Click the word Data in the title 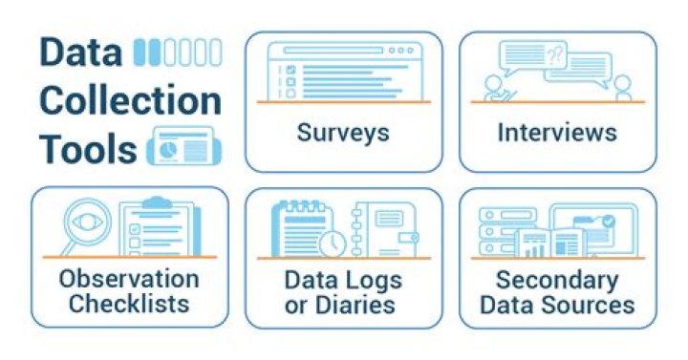click(80, 53)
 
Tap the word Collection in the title click(130, 100)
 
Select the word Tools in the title click(88, 148)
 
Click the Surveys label click(343, 133)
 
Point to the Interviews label click(557, 132)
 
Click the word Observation click(129, 279)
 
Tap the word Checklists click(129, 304)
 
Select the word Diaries click(361, 305)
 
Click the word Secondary click(557, 281)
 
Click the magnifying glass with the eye click(86, 224)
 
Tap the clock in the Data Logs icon click(333, 244)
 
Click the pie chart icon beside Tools click(167, 149)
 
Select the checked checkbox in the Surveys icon click(290, 70)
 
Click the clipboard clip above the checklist click(156, 202)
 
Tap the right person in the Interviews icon click(622, 88)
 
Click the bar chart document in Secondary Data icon click(534, 244)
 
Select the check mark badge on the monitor click(608, 221)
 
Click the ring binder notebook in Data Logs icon click(384, 229)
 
